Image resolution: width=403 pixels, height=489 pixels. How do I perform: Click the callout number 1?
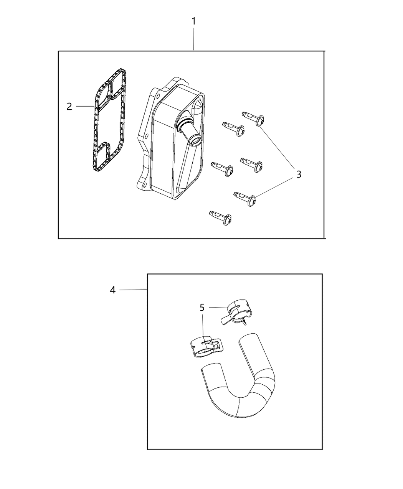tap(193, 21)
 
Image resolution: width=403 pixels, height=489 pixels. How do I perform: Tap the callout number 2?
tap(69, 107)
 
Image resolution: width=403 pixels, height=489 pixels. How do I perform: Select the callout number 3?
tap(299, 174)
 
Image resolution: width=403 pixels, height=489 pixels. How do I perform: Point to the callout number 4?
tap(112, 290)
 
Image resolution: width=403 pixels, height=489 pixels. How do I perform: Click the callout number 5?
tap(202, 308)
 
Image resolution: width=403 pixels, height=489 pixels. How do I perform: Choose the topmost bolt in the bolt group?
tap(253, 119)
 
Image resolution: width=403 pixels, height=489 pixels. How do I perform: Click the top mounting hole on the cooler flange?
tap(159, 96)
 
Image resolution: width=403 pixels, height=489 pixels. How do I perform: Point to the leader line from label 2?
tap(85, 107)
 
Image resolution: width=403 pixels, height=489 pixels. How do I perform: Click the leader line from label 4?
tap(133, 290)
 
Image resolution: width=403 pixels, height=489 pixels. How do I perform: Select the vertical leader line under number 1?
tap(194, 39)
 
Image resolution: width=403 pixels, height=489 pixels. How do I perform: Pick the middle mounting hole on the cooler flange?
tap(147, 136)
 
